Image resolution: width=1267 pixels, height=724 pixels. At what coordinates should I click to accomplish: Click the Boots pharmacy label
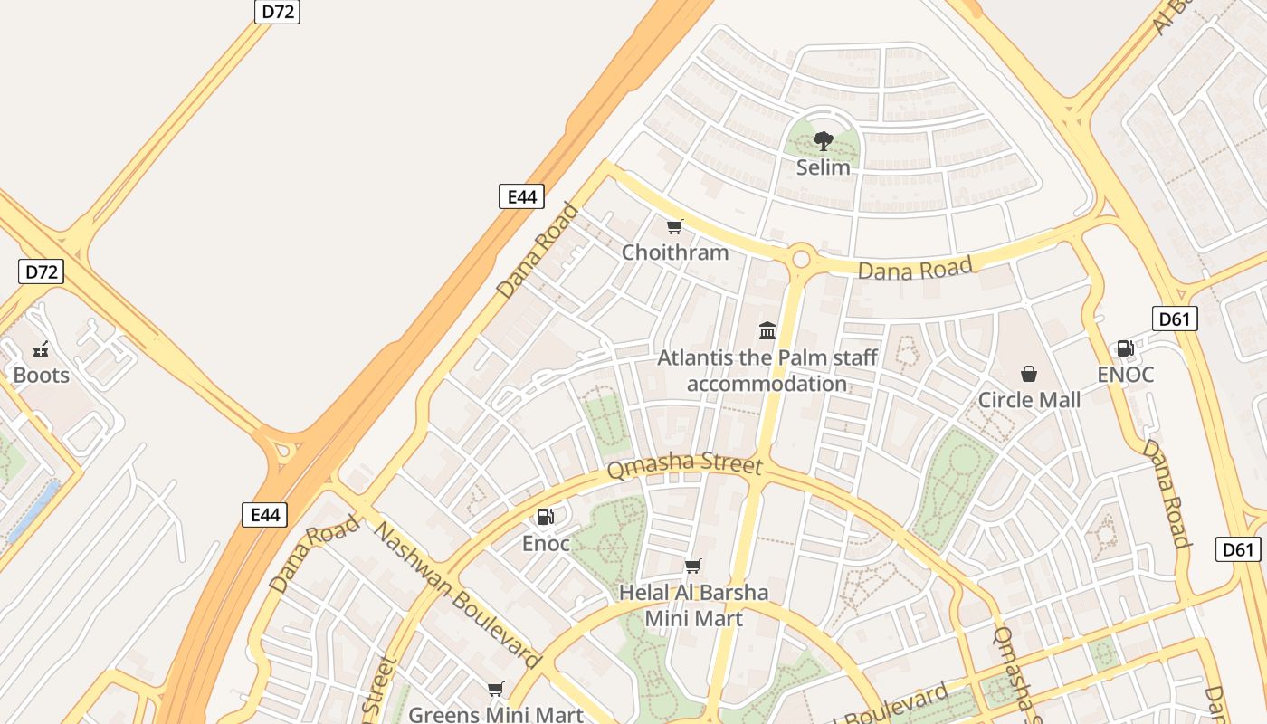[x=41, y=375]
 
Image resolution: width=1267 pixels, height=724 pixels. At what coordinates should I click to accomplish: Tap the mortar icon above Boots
[x=41, y=349]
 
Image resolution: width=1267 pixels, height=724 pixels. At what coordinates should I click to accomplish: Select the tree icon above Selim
[x=823, y=141]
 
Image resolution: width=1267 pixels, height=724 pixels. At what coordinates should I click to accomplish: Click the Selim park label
[x=823, y=167]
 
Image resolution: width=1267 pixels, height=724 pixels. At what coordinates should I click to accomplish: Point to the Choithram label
[x=674, y=252]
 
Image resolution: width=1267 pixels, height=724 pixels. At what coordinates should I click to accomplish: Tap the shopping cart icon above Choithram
[x=674, y=226]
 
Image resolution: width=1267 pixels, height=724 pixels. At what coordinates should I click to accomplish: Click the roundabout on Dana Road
[x=801, y=259]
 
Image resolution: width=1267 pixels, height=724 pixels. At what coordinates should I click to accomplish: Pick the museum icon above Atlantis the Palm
[x=767, y=330]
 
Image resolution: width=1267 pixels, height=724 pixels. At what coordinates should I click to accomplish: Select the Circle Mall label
[x=1029, y=400]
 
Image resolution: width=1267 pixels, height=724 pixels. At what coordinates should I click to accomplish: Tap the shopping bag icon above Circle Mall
[x=1029, y=374]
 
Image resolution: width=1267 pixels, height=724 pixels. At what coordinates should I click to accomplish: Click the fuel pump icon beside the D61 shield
[x=1125, y=348]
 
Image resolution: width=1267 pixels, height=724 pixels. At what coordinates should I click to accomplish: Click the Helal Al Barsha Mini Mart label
[x=693, y=605]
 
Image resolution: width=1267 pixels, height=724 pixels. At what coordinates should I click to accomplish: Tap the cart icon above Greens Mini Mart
[x=495, y=690]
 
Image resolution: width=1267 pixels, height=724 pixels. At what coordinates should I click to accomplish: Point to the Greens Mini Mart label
[x=495, y=715]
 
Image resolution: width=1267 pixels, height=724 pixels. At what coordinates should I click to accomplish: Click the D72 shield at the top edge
[x=277, y=12]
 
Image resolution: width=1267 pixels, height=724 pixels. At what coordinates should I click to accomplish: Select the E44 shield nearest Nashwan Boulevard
[x=265, y=515]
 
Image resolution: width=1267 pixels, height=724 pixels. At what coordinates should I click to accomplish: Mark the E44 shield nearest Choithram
[x=521, y=196]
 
